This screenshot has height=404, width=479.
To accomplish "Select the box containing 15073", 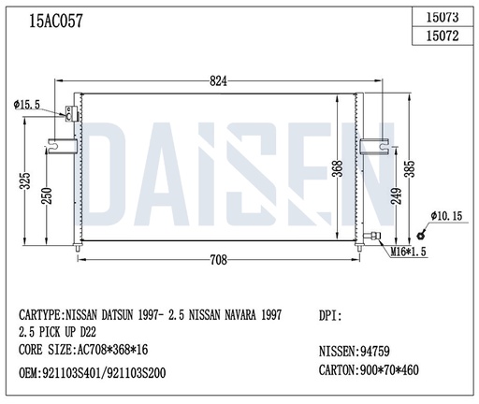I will tap(443, 16).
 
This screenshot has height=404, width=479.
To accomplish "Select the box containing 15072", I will tap(443, 36).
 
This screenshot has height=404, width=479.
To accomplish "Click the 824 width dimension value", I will tap(219, 81).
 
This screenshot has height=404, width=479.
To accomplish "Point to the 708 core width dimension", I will tap(219, 260).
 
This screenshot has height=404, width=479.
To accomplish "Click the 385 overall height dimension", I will tap(409, 168).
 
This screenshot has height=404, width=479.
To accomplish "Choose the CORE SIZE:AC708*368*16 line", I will tap(84, 350).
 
